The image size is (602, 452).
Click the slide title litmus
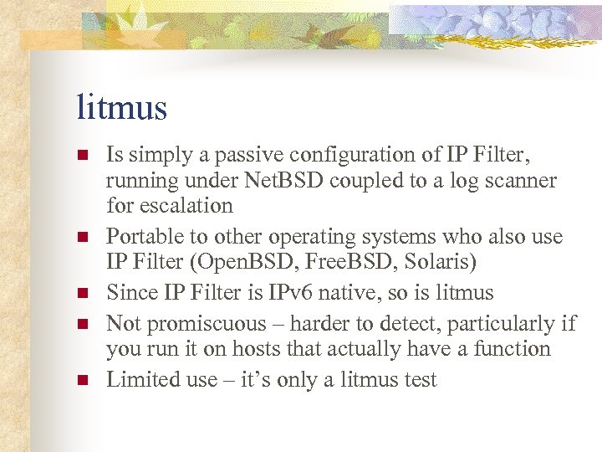[x=121, y=108]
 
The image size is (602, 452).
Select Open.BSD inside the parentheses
[x=254, y=261]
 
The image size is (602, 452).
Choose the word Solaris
[x=438, y=261]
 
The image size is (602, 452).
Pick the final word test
[x=418, y=380]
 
